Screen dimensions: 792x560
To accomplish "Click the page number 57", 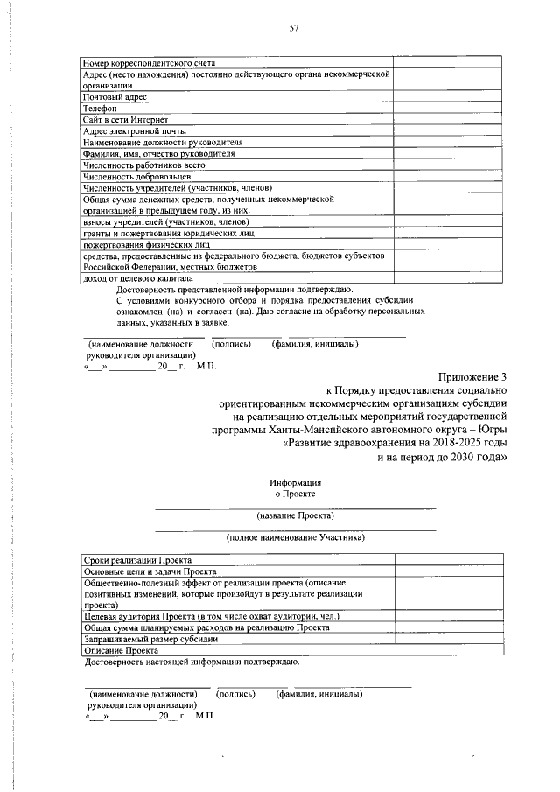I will pyautogui.click(x=294, y=28).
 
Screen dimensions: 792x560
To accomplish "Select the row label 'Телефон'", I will pyautogui.click(x=100, y=108).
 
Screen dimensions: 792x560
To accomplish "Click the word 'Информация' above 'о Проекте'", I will pyautogui.click(x=296, y=482).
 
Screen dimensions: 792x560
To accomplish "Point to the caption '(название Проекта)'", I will pyautogui.click(x=296, y=516).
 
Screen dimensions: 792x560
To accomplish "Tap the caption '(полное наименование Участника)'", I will pyautogui.click(x=296, y=537).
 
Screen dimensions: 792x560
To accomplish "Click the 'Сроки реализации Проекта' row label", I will pyautogui.click(x=137, y=560).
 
